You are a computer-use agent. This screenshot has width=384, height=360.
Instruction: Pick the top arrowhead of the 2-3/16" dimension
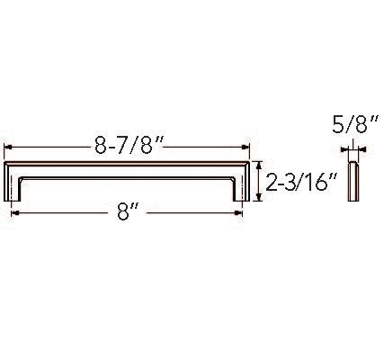(x=258, y=165)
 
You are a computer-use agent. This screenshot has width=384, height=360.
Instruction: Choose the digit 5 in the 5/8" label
(x=339, y=126)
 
